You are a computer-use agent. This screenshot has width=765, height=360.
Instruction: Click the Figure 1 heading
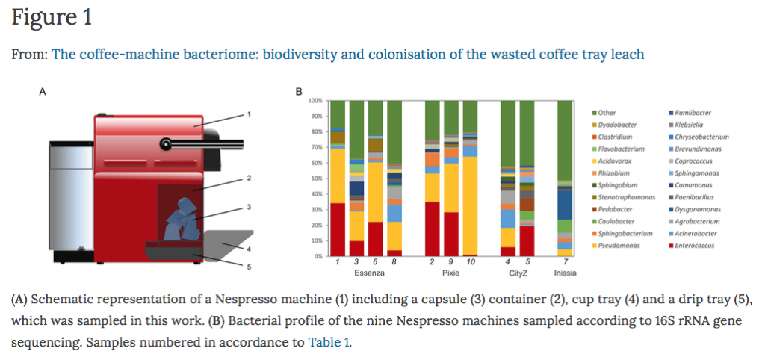pos(52,18)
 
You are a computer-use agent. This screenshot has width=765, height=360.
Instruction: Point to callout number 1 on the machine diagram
pos(249,114)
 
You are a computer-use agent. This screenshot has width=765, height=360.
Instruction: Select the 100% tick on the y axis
pos(315,100)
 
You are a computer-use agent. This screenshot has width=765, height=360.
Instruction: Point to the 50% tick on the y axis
pos(316,178)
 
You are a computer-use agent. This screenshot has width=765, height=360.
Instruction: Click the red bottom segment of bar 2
pos(432,229)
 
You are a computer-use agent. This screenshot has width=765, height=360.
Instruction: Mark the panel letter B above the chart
pos(298,92)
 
